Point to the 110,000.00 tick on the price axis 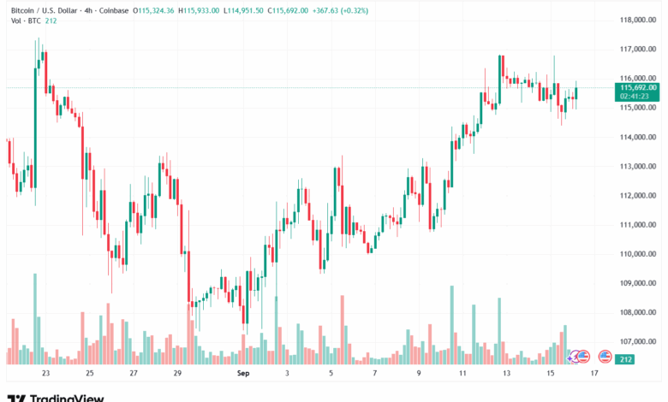click(x=639, y=254)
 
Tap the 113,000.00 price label click(x=639, y=167)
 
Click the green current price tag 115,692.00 click(x=639, y=87)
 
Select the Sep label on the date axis click(x=242, y=373)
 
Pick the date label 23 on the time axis click(x=45, y=373)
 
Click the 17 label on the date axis click(x=593, y=373)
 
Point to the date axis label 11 click(x=463, y=373)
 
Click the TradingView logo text click(x=67, y=398)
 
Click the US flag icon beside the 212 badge click(x=605, y=357)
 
